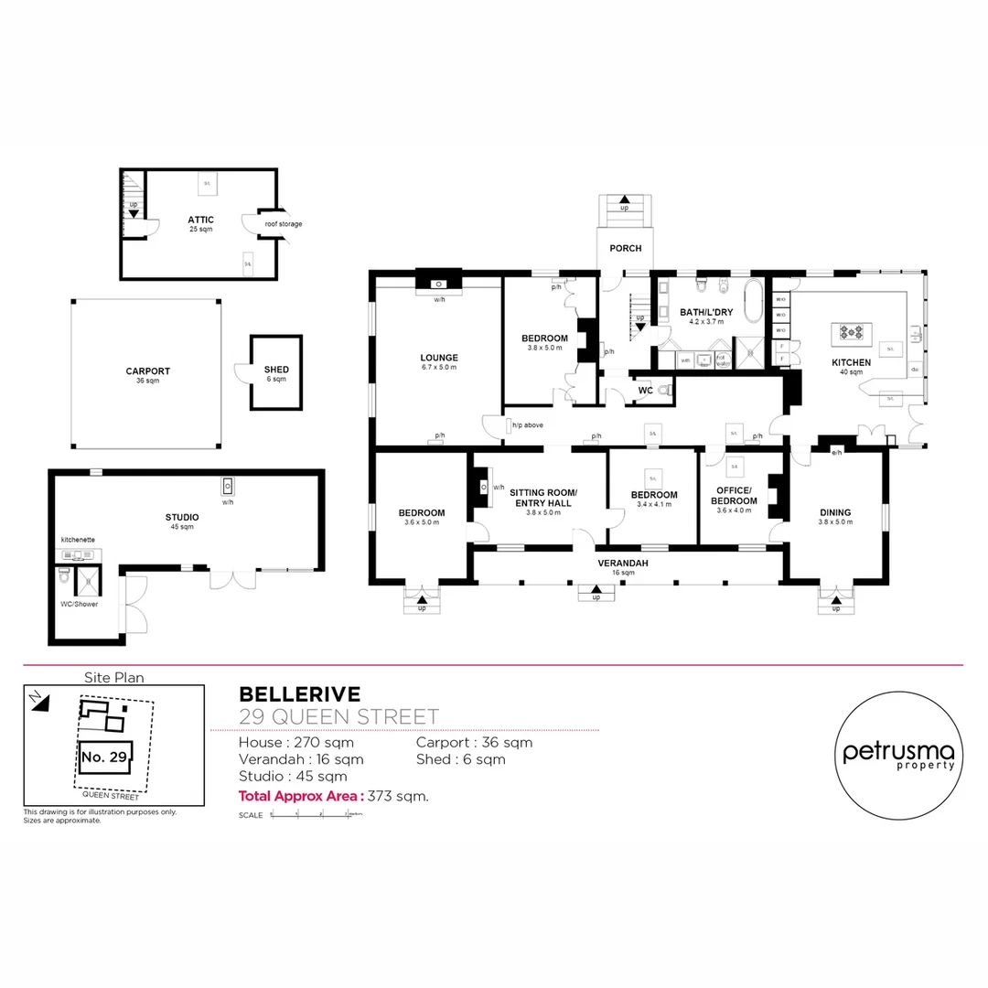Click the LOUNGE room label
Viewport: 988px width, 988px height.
439,358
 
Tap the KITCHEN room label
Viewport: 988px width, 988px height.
851,363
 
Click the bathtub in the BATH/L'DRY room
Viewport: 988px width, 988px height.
753,303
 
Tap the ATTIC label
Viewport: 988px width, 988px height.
200,220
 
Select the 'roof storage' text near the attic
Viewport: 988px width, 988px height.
283,224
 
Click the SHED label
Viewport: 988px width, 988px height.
276,370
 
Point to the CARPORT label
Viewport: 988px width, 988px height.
147,371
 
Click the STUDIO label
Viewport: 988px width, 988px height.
181,518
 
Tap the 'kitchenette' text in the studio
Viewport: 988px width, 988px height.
78,541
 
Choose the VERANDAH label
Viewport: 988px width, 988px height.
623,564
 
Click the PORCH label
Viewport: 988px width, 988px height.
626,248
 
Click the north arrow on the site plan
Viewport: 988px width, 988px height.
36,701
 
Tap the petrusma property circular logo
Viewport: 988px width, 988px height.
897,753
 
